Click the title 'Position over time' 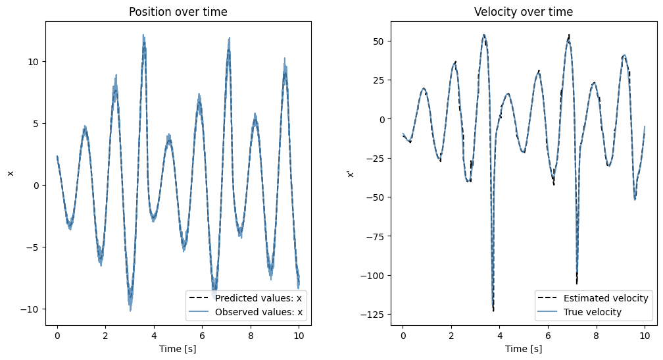179,12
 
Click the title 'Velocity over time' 524,12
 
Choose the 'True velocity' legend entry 589,311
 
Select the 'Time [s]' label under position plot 179,349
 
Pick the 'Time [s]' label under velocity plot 524,349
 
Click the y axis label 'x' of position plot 10,173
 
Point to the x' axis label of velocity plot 351,173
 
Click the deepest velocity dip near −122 493,309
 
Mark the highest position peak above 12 143,36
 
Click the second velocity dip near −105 577,282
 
